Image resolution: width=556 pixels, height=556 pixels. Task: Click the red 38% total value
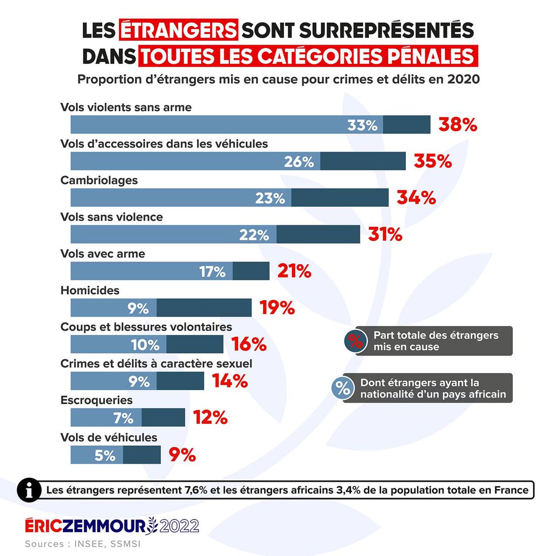tap(458, 125)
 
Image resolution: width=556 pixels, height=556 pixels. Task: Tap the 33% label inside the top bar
tap(362, 125)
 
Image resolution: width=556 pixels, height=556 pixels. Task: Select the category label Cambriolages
tap(99, 180)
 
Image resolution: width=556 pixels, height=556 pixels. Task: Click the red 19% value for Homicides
tap(277, 308)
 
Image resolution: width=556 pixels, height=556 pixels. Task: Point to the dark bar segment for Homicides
tap(204, 308)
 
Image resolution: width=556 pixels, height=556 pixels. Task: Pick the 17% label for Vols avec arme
tap(212, 272)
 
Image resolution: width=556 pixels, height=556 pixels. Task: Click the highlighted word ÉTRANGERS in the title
tap(179, 31)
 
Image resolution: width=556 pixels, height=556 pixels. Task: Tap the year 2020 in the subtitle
tap(463, 79)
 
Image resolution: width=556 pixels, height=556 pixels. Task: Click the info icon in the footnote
tap(30, 490)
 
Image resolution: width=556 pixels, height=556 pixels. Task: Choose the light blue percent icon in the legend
tap(343, 388)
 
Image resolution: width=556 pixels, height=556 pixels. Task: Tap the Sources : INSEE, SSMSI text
tap(82, 544)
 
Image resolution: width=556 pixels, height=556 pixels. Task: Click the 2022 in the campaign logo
tap(179, 526)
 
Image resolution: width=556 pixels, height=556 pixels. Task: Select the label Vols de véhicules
tap(109, 437)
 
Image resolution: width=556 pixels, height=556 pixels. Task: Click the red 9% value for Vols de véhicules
tap(182, 455)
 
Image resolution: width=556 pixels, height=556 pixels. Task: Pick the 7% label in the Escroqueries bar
tap(123, 418)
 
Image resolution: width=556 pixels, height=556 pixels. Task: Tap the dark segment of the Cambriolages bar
tap(340, 198)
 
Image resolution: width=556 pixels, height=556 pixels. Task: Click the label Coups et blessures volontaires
tap(146, 327)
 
